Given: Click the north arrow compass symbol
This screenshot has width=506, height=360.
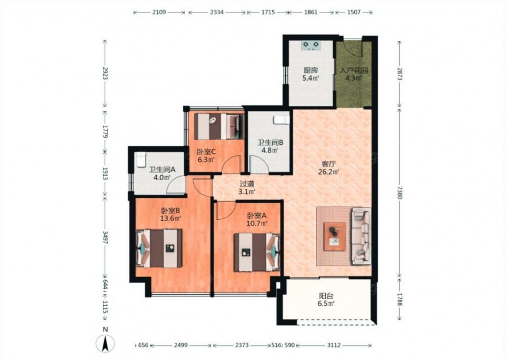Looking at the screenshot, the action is [105, 343].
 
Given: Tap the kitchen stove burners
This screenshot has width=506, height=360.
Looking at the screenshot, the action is [311, 45].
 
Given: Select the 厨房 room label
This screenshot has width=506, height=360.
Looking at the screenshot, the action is [311, 70].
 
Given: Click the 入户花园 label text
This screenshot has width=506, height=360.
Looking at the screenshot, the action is [354, 70].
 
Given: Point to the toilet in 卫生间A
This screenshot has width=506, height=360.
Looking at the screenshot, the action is [141, 159].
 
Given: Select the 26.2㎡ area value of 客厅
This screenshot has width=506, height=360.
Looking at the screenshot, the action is [328, 172].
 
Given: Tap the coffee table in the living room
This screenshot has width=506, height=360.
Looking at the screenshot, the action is [334, 236].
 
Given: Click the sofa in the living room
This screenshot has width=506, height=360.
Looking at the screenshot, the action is [361, 236].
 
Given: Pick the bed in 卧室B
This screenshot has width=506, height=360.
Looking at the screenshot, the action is [159, 248].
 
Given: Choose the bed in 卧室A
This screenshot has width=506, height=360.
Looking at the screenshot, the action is [257, 252].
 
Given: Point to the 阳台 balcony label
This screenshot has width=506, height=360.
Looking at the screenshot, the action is [326, 296].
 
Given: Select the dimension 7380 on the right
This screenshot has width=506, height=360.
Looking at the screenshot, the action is [400, 193].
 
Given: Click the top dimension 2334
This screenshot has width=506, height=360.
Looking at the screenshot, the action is [217, 12].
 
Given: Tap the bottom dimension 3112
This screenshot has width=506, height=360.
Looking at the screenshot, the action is [333, 345].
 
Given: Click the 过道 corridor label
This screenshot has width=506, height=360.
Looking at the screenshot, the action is [247, 184].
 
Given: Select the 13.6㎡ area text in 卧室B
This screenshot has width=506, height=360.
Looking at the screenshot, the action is [171, 218].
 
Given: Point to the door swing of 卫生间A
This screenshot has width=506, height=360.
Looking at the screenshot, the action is [177, 185].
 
